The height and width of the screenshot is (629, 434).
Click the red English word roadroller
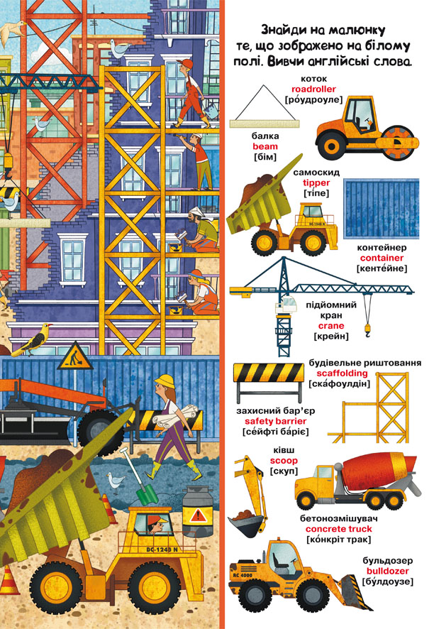pyautogui.click(x=313, y=89)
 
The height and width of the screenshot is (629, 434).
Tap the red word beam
pyautogui.click(x=265, y=146)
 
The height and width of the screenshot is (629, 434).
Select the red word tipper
pyautogui.click(x=316, y=183)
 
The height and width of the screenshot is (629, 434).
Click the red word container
pyautogui.click(x=382, y=258)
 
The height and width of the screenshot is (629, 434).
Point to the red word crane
pyautogui.click(x=331, y=326)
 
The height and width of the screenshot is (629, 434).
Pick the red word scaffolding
pyautogui.click(x=342, y=373)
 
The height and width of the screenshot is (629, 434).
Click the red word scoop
pyautogui.click(x=284, y=461)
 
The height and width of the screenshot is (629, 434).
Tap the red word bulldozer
pyautogui.click(x=387, y=571)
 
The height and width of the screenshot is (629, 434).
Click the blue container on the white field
pyautogui.click(x=381, y=208)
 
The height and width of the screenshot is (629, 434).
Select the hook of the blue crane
pyautogui.click(x=367, y=329)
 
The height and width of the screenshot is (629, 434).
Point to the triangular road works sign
pyautogui.click(x=74, y=356)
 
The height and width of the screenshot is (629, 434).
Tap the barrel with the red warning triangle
pyautogui.click(x=198, y=511)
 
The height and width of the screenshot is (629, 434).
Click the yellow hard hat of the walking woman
pyautogui.click(x=165, y=381)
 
